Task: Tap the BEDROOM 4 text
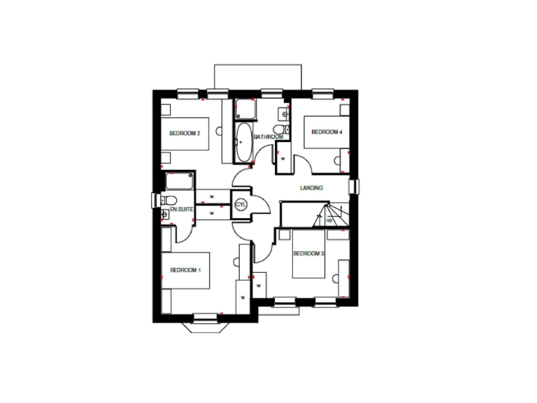pos(327,132)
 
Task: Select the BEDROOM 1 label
pos(185,270)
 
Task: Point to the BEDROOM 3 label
pos(308,253)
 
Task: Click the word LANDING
pos(312,188)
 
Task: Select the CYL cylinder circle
pos(241,204)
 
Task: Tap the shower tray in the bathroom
pos(245,110)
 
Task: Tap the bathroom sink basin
pos(284,113)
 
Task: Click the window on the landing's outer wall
pos(355,188)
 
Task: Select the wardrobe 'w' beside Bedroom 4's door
pos(282,158)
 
